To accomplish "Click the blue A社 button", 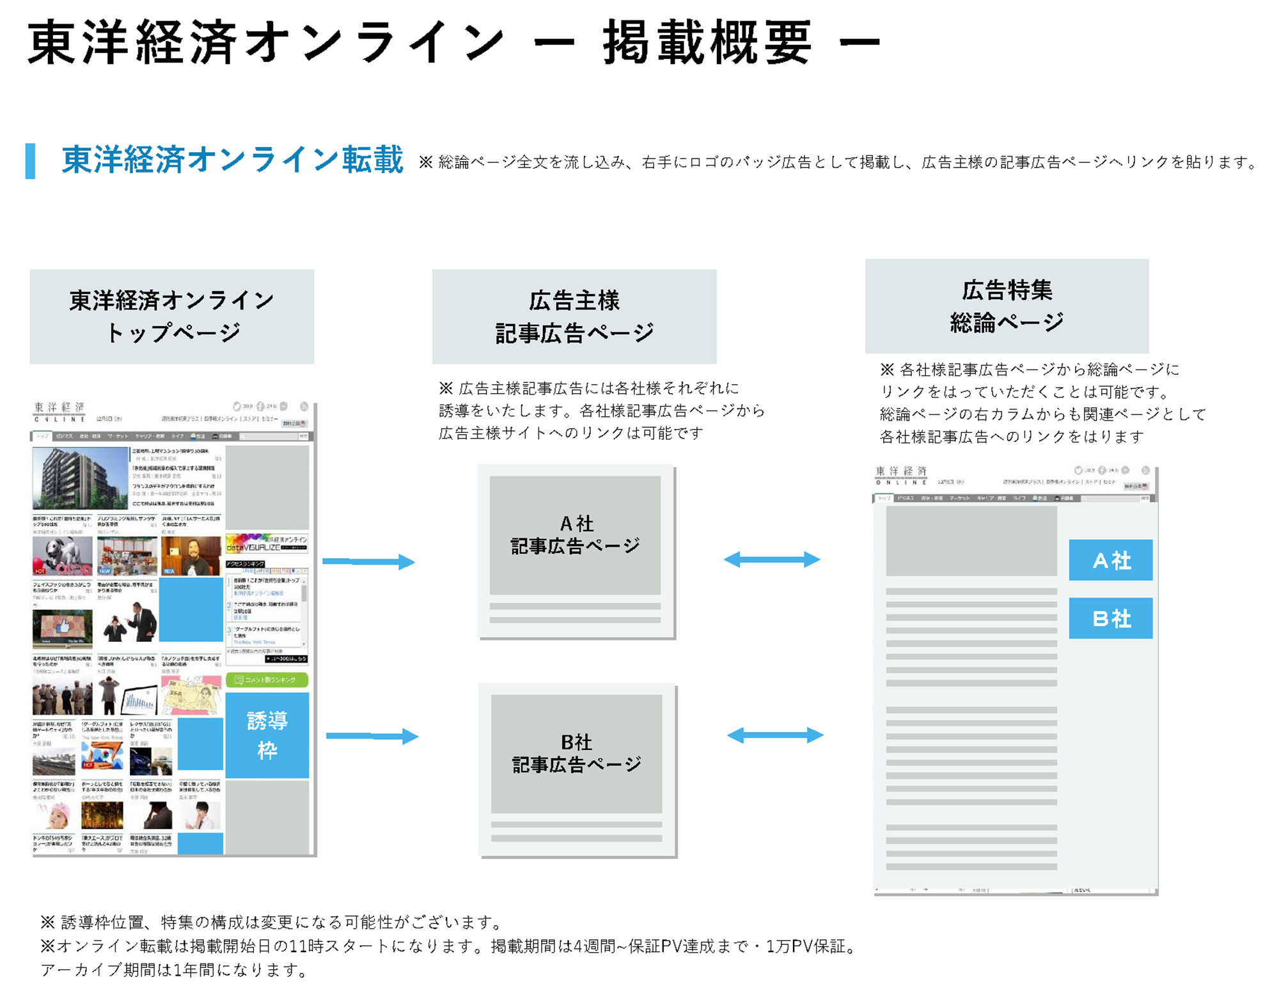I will tap(1110, 560).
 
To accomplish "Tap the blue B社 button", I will tap(1110, 618).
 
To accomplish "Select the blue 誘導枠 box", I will tap(267, 735).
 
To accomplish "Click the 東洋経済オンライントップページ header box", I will tap(171, 316).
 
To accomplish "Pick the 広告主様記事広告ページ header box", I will tap(574, 316).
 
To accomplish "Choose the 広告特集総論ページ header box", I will tap(1007, 306).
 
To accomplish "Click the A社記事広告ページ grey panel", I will tap(575, 535).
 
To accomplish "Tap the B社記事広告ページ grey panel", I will tap(576, 753).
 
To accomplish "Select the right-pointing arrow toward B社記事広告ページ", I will tap(372, 736).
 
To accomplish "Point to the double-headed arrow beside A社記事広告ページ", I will tap(771, 559).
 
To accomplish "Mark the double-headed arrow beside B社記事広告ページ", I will tap(774, 735).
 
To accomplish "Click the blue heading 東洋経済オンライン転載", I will tap(232, 160).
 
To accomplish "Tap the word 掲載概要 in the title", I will tap(707, 43).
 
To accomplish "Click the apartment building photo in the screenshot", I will tap(80, 478).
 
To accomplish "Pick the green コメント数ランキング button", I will tap(267, 680).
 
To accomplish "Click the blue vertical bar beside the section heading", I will tap(30, 160).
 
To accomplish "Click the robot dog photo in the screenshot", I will tap(62, 556).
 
